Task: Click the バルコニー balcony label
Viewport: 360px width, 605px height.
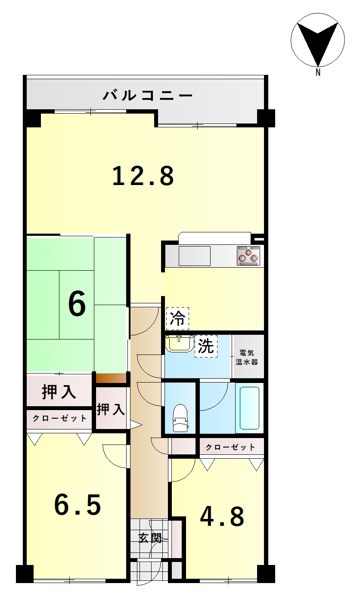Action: pos(147,95)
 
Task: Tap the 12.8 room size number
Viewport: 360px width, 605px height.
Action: pos(143,176)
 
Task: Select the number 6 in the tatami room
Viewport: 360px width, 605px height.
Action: pos(77,304)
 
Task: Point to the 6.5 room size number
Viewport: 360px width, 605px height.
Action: pos(78,504)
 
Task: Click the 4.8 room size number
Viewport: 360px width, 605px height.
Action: pos(222,516)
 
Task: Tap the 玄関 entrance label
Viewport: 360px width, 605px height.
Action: pos(150,538)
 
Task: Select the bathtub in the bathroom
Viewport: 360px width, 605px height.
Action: pos(249,408)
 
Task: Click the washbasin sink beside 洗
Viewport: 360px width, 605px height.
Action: pos(179,343)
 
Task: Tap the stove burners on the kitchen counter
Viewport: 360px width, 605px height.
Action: pos(248,256)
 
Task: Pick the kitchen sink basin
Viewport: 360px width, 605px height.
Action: pos(195,256)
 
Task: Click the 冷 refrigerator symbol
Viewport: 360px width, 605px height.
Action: pos(177,318)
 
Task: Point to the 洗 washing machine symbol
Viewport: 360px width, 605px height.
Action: pos(206,346)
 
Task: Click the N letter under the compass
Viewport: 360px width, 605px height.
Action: pos(318,72)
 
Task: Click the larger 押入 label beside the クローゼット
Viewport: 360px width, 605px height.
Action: pos(59,392)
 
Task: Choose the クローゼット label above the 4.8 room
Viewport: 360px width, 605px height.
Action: pos(230,447)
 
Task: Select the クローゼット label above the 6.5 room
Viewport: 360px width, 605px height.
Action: pos(59,418)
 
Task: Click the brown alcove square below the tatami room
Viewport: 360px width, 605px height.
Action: pos(111,378)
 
